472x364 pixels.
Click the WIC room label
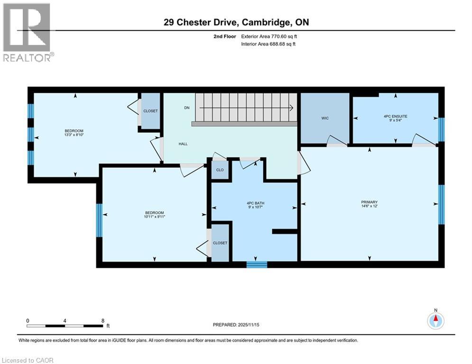pyautogui.click(x=324, y=118)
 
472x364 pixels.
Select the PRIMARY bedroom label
pyautogui.click(x=369, y=202)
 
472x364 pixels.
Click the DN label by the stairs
pyautogui.click(x=187, y=108)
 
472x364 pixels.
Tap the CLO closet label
pyautogui.click(x=220, y=170)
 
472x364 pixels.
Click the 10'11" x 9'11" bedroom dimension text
pyautogui.click(x=154, y=216)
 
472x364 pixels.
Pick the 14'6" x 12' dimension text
pyautogui.click(x=369, y=207)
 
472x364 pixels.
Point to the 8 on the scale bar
pyautogui.click(x=102, y=320)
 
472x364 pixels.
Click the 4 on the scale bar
pyautogui.click(x=65, y=320)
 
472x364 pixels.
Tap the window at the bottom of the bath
pyautogui.click(x=256, y=264)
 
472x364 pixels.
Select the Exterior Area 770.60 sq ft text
pyautogui.click(x=269, y=36)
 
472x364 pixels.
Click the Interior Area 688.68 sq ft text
pyautogui.click(x=268, y=44)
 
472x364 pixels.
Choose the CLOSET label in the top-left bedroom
pyautogui.click(x=151, y=111)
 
